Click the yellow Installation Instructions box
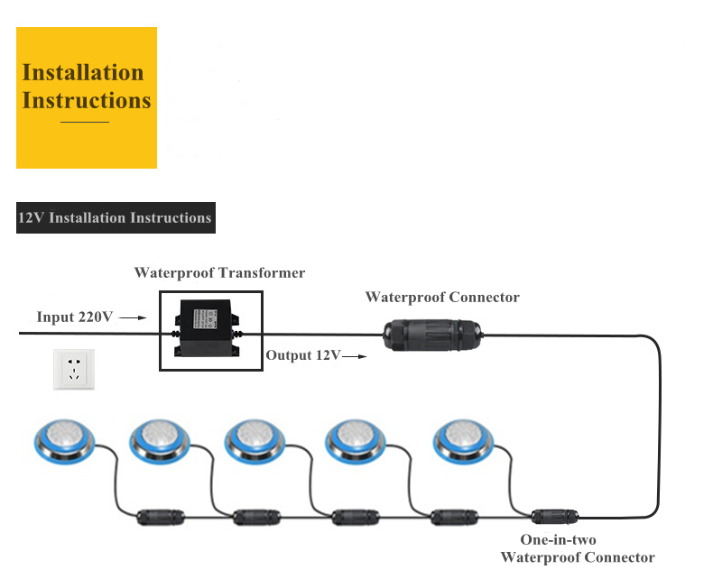[x=87, y=97]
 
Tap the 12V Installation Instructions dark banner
[x=116, y=218]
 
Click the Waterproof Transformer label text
[x=219, y=272]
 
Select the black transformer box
[x=203, y=328]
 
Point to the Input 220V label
[x=74, y=317]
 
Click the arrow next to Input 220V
[x=132, y=318]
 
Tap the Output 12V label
[x=302, y=355]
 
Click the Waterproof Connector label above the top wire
[x=442, y=297]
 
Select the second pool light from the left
[x=160, y=439]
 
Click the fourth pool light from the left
[x=356, y=439]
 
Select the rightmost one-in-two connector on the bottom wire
[x=551, y=517]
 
